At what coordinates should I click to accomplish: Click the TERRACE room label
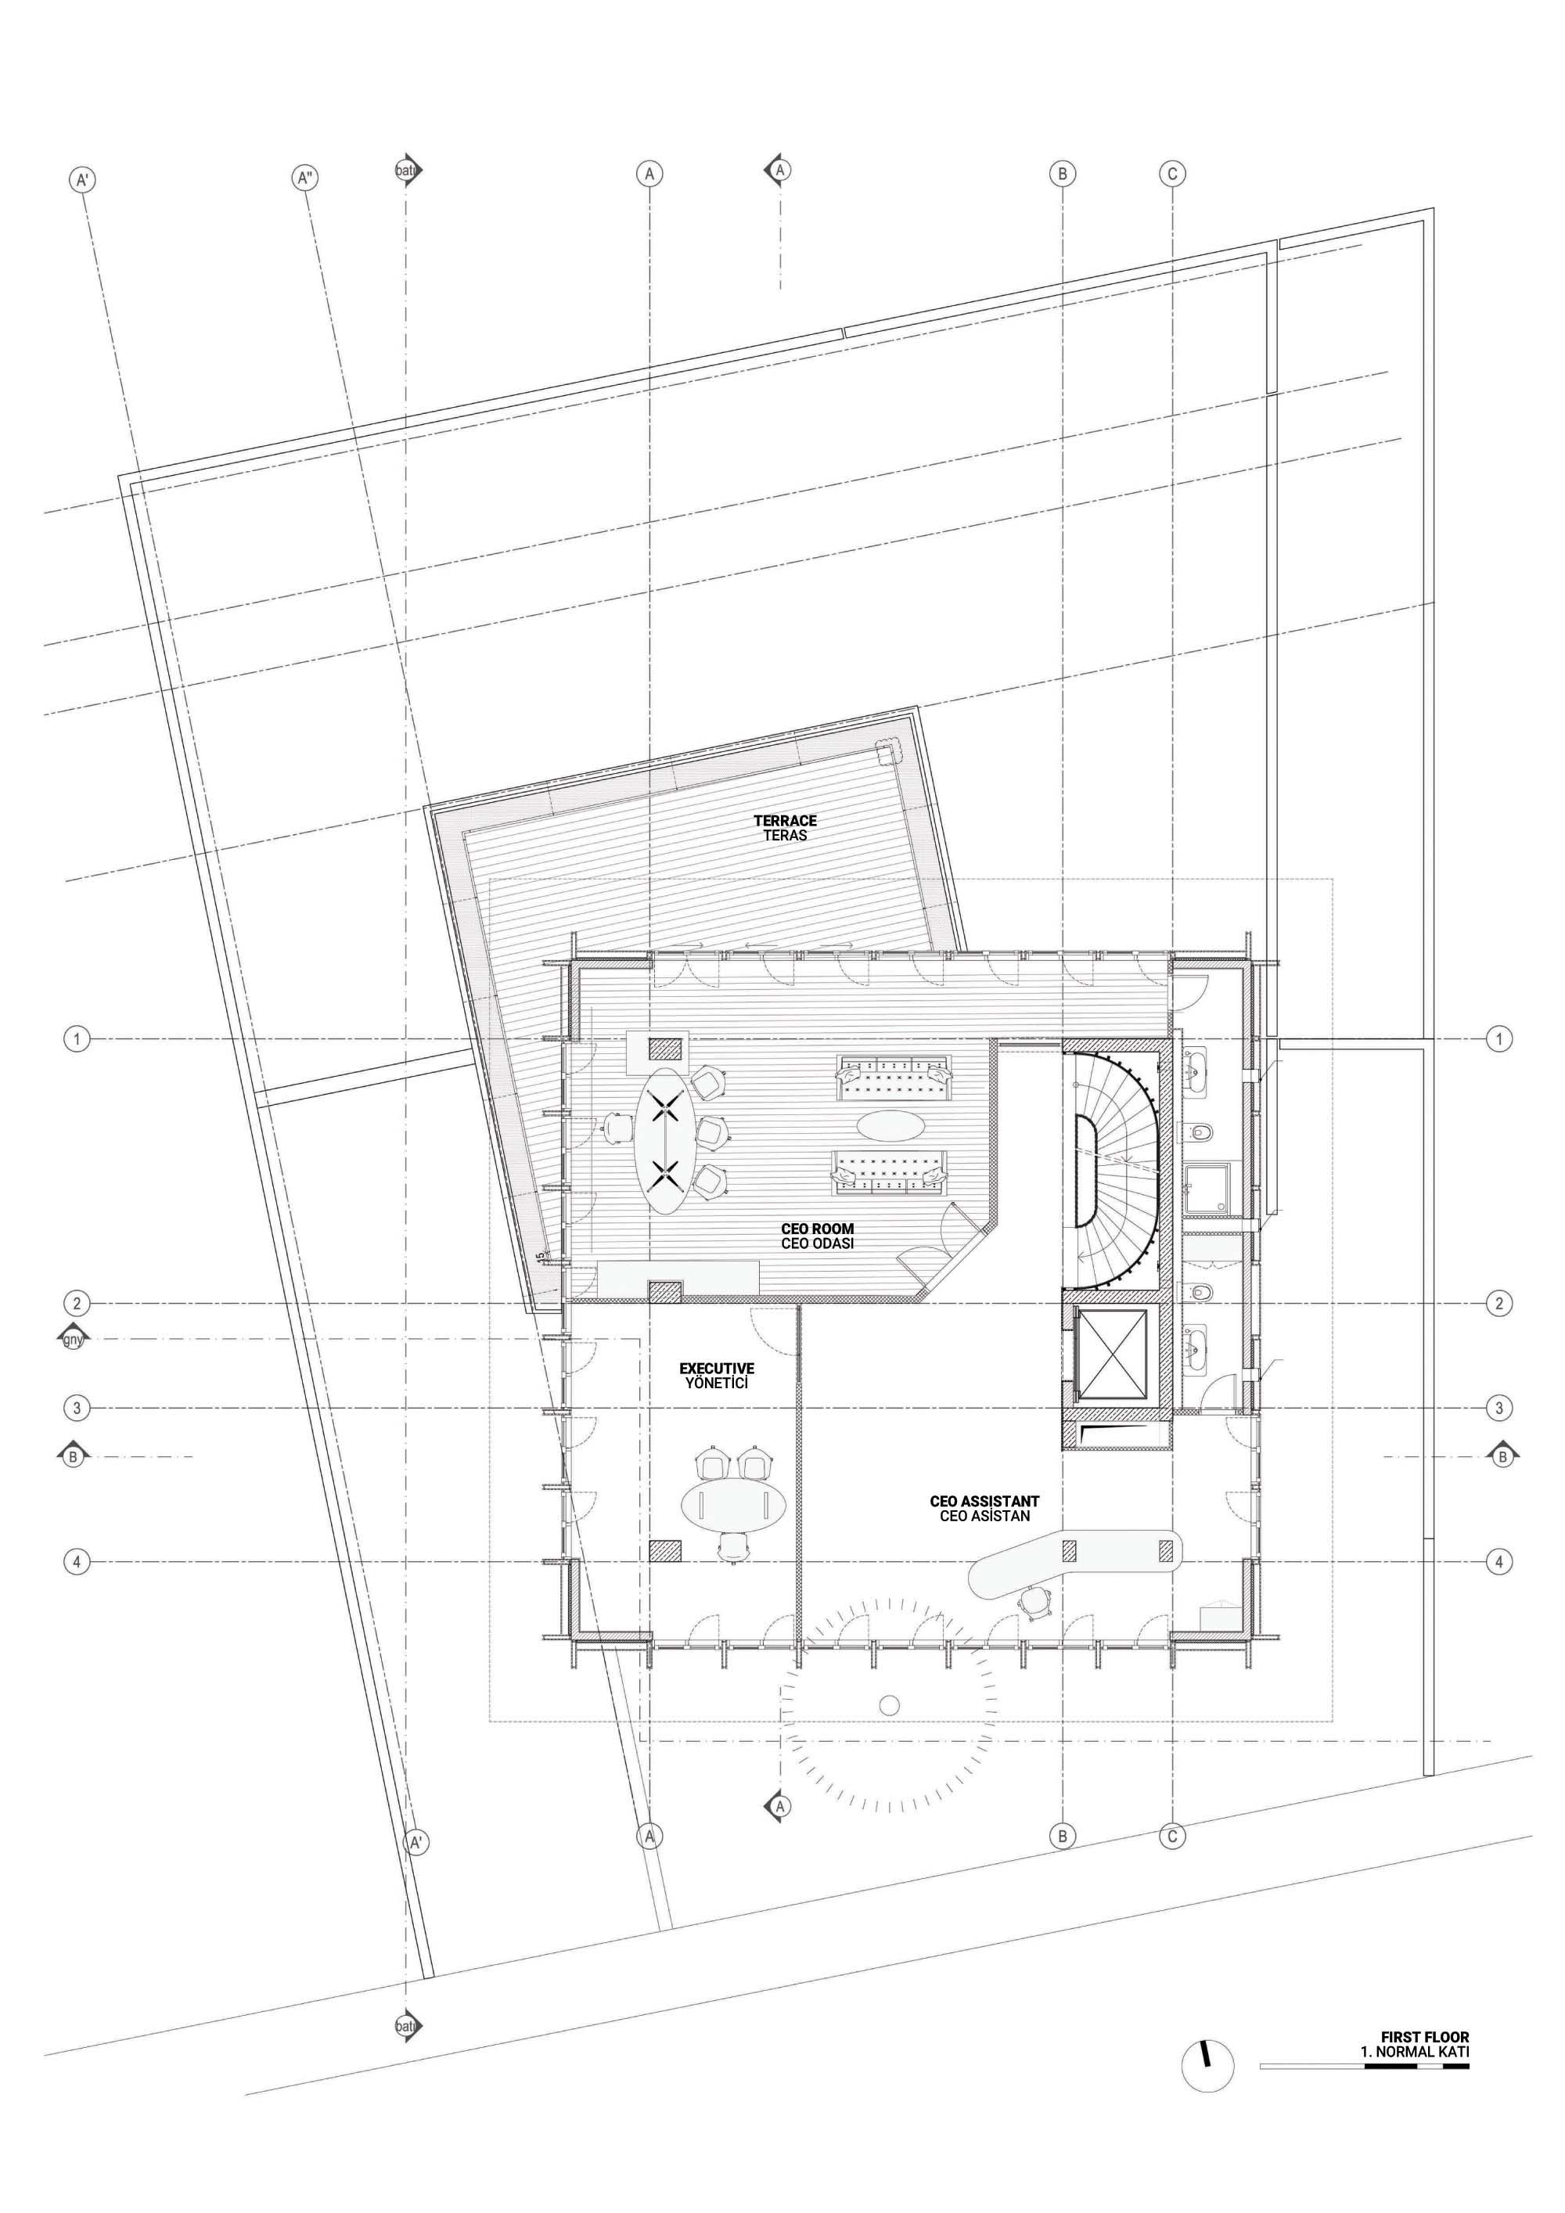coord(786,820)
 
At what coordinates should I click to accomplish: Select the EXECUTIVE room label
coord(717,1368)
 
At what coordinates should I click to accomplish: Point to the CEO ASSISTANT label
coord(985,1501)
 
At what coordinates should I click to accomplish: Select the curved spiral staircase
coord(1116,1169)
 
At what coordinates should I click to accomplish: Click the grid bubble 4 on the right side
coord(1499,1561)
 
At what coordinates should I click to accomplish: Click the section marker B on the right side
coord(1502,1456)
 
